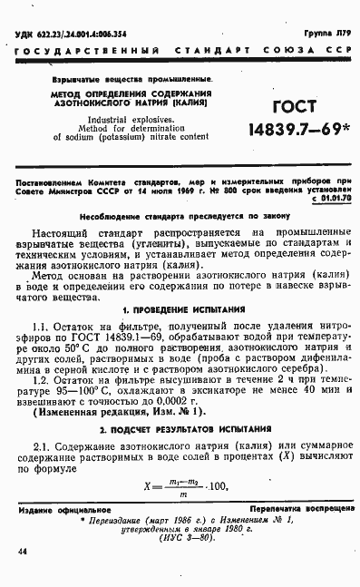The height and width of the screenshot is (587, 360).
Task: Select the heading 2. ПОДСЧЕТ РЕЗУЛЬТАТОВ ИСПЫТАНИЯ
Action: click(x=180, y=426)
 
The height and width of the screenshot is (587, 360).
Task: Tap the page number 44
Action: click(x=21, y=552)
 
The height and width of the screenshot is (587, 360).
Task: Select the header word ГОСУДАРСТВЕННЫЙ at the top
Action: click(x=73, y=46)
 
